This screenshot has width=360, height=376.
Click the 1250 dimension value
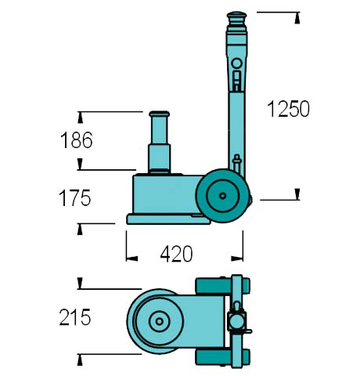289,109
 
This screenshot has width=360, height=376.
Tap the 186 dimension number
77,140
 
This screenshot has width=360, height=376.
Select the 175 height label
75,198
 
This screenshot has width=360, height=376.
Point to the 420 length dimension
177,254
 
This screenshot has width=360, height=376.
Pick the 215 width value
75,317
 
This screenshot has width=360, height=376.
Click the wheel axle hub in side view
222,196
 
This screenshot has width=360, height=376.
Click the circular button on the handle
236,63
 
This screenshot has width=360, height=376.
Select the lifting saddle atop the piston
160,114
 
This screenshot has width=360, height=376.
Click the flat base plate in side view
168,219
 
